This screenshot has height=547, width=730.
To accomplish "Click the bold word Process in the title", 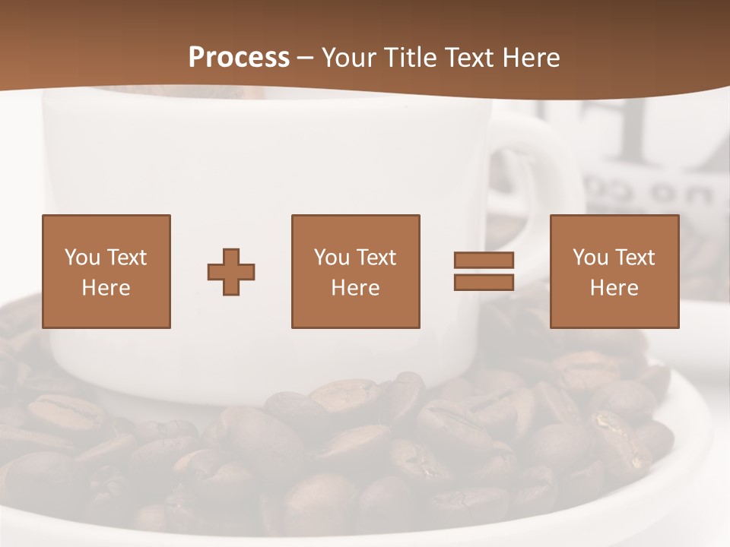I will (x=239, y=58).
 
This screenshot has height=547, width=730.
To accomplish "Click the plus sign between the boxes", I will (x=231, y=272).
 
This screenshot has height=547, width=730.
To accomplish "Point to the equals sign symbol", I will (x=484, y=271).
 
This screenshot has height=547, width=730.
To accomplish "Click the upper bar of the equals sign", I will (x=484, y=260).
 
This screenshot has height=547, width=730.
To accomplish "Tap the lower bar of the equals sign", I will (x=484, y=283).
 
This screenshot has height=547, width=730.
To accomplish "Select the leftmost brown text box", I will (x=106, y=272).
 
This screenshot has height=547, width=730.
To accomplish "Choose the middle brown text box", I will (x=355, y=272).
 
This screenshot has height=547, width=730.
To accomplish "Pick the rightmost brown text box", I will (x=614, y=272).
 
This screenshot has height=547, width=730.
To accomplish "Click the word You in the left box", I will (x=82, y=258).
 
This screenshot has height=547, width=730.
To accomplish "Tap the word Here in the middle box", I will (x=355, y=288).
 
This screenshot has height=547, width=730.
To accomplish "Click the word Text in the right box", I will (x=634, y=258).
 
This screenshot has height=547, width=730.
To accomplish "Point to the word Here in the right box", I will (x=614, y=288).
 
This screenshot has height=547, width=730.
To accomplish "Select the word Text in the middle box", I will (x=376, y=258).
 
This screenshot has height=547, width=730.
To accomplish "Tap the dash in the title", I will (x=306, y=58).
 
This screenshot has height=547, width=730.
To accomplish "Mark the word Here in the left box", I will (x=106, y=288).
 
